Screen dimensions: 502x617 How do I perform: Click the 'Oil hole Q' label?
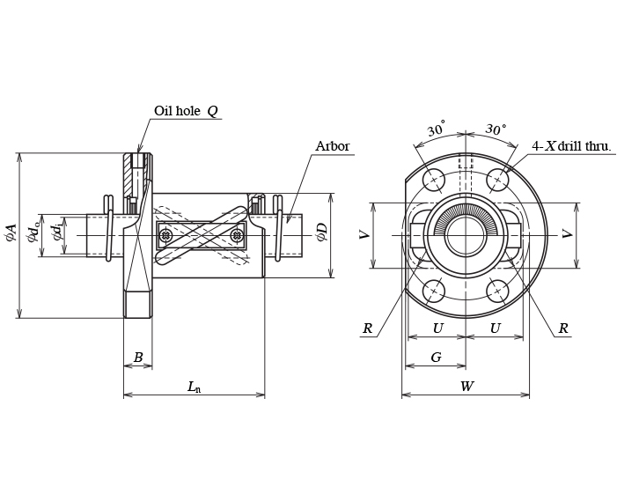coord(186,111)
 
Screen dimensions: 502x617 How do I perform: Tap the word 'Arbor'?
coord(332,146)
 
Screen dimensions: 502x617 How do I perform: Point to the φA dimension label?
coord(11,232)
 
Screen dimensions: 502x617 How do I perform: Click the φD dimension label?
coord(322,232)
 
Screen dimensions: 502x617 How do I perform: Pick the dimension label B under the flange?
coord(137,358)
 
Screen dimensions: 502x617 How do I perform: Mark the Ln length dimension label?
coord(194,387)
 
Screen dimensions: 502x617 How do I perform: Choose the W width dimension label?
coord(466,387)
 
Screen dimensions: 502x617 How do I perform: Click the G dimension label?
coord(436,358)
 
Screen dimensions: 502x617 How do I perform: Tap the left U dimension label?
coord(437,329)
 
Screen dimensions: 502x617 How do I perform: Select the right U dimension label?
coord(495,329)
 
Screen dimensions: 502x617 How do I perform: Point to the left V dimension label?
coord(364,234)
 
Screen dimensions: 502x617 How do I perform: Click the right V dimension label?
coord(568,234)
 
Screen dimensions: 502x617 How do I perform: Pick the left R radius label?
coord(367,329)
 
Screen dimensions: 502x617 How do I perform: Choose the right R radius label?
coord(562,329)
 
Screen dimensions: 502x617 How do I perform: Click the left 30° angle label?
coord(436,129)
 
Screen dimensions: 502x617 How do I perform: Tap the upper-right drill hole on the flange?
coord(497,180)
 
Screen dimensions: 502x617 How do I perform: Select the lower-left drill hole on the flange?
coord(433,291)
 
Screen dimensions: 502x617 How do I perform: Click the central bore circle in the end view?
coord(466,235)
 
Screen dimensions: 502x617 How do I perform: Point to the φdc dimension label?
coord(34,232)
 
